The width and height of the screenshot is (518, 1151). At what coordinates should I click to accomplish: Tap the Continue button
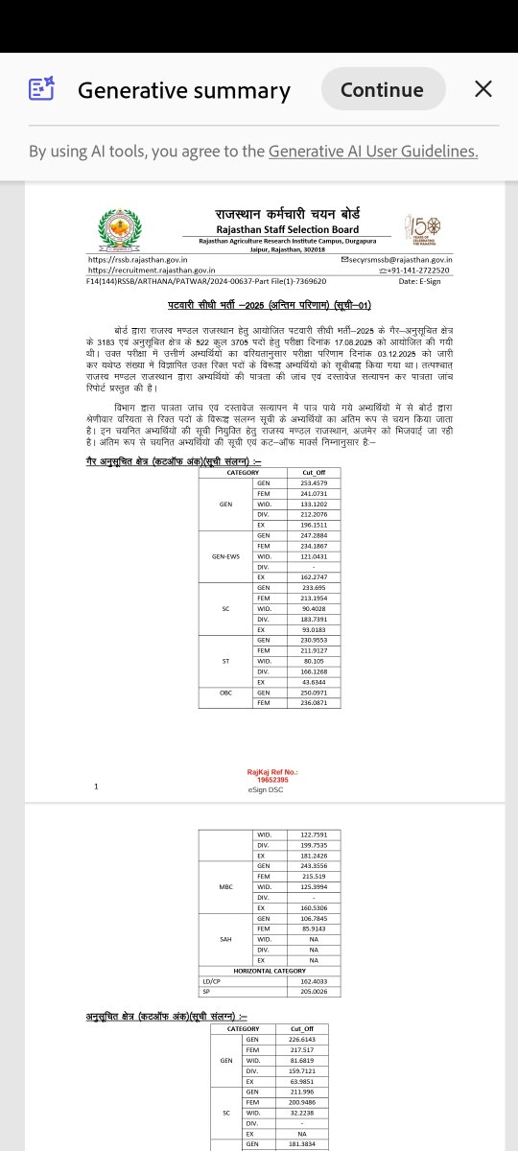tap(382, 89)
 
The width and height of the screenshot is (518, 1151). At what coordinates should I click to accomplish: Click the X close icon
tap(483, 89)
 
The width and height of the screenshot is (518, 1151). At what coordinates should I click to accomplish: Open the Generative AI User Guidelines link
tap(373, 152)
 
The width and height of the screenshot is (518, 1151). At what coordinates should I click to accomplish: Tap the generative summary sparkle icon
tap(41, 89)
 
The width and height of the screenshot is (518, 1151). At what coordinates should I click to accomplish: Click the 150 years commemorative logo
tap(423, 231)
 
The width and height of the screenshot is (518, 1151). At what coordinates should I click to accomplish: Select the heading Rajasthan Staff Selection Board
tap(287, 229)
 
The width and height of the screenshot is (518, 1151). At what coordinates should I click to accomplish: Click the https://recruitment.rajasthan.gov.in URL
tap(152, 270)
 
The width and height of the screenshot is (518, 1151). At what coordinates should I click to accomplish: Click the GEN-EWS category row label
tap(225, 556)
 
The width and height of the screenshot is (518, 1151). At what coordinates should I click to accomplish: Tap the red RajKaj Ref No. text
tap(272, 775)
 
